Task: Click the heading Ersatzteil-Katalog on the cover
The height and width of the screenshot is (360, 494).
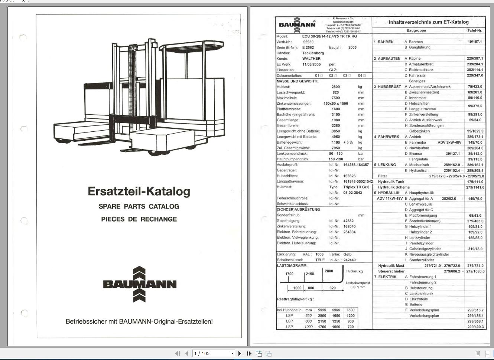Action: coord(139,191)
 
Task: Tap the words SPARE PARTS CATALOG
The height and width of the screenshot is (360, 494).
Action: coord(139,206)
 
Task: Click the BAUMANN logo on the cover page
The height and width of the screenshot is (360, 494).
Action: coord(140,284)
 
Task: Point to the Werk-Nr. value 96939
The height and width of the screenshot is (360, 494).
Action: coord(308,42)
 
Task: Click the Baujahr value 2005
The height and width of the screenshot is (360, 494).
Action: coord(352,48)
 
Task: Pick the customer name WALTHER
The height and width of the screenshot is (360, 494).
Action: coord(311,59)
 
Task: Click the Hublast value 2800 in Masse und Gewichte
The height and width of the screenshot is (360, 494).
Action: coord(335,87)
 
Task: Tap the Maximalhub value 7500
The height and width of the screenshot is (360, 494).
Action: coord(335,98)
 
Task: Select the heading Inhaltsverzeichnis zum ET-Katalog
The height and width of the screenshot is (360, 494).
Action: coord(429,22)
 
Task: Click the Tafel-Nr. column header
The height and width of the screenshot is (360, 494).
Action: coord(475,30)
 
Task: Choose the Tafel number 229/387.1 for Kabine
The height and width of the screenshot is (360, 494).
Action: coord(475,59)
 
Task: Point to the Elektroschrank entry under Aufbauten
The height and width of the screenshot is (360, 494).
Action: coord(421,70)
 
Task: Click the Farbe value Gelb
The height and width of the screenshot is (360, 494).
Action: coord(347,255)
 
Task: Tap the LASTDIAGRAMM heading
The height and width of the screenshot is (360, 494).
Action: coord(292,266)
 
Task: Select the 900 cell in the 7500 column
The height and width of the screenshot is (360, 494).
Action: coord(350,321)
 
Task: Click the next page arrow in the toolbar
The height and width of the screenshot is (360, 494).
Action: coord(240,354)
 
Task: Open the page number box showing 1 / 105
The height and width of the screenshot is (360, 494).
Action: coord(214,354)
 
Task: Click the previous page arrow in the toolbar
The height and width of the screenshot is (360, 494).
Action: coord(186,354)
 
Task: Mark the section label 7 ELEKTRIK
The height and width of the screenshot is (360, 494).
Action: coord(385,277)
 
